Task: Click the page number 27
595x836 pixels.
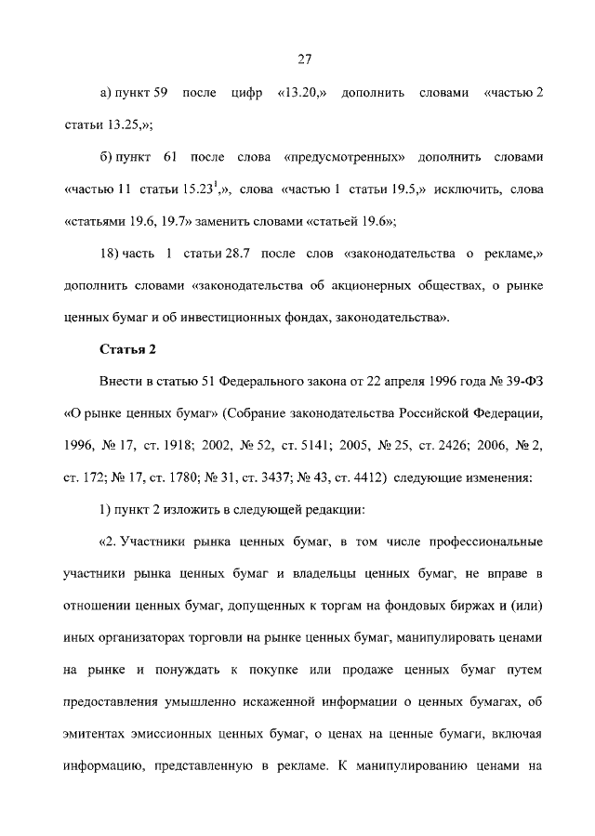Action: pyautogui.click(x=304, y=59)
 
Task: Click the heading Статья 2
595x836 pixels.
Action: pyautogui.click(x=128, y=349)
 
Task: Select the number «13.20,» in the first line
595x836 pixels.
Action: pyautogui.click(x=297, y=94)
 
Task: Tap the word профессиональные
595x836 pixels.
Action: pyautogui.click(x=483, y=540)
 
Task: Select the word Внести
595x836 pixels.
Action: pyautogui.click(x=118, y=381)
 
